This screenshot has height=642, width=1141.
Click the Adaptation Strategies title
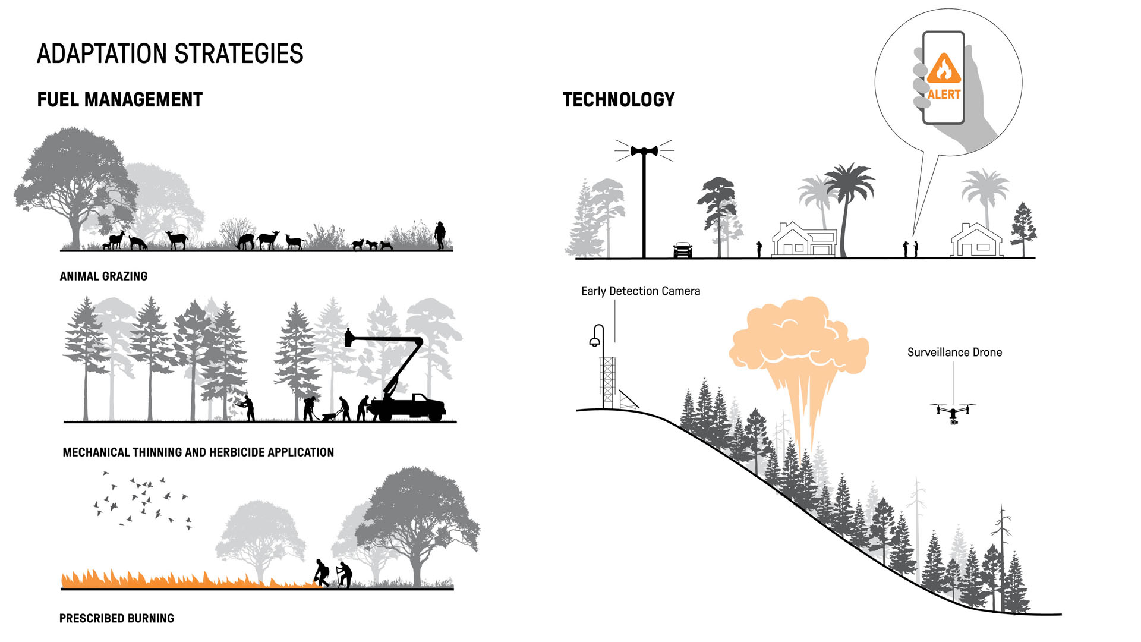(x=170, y=53)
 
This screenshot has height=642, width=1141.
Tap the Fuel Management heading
(x=119, y=100)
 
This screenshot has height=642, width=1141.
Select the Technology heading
(x=619, y=100)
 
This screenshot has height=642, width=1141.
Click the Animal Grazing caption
(x=103, y=276)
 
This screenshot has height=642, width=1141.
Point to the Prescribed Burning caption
(x=116, y=618)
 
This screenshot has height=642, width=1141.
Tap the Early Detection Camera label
(x=640, y=291)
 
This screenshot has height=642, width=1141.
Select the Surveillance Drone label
(x=954, y=353)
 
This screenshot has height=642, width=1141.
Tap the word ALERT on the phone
(x=944, y=95)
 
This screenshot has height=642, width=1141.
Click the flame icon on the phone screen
(x=944, y=68)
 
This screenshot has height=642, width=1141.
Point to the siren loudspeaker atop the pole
(x=644, y=151)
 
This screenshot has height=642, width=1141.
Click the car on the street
(x=683, y=250)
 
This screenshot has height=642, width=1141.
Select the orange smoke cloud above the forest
(x=798, y=339)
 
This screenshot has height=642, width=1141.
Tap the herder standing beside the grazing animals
(x=440, y=235)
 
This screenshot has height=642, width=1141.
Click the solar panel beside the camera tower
(x=628, y=399)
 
